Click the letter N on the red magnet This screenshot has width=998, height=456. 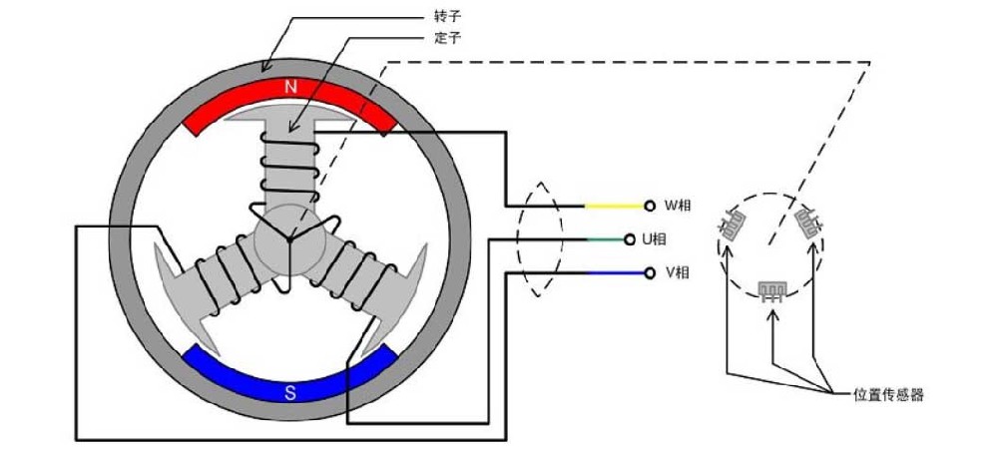click(x=290, y=87)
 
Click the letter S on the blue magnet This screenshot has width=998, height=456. click(x=290, y=391)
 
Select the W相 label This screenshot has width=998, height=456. click(x=679, y=206)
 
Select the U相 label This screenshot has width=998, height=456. click(x=654, y=239)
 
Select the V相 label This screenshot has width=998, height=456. click(x=679, y=272)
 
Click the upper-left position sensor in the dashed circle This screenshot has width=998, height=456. click(x=734, y=226)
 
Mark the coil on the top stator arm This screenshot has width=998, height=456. click(x=288, y=160)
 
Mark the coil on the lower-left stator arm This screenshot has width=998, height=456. click(x=227, y=273)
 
